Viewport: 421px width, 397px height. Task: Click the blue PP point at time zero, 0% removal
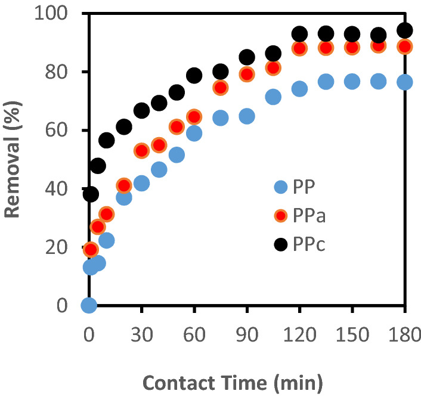(89, 306)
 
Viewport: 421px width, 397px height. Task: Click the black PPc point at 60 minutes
(194, 75)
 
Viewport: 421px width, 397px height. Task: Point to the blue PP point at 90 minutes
(247, 116)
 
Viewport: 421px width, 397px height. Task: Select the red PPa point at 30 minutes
(141, 151)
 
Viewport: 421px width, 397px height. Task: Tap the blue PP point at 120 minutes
(299, 89)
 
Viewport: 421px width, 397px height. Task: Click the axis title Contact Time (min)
(247, 380)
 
